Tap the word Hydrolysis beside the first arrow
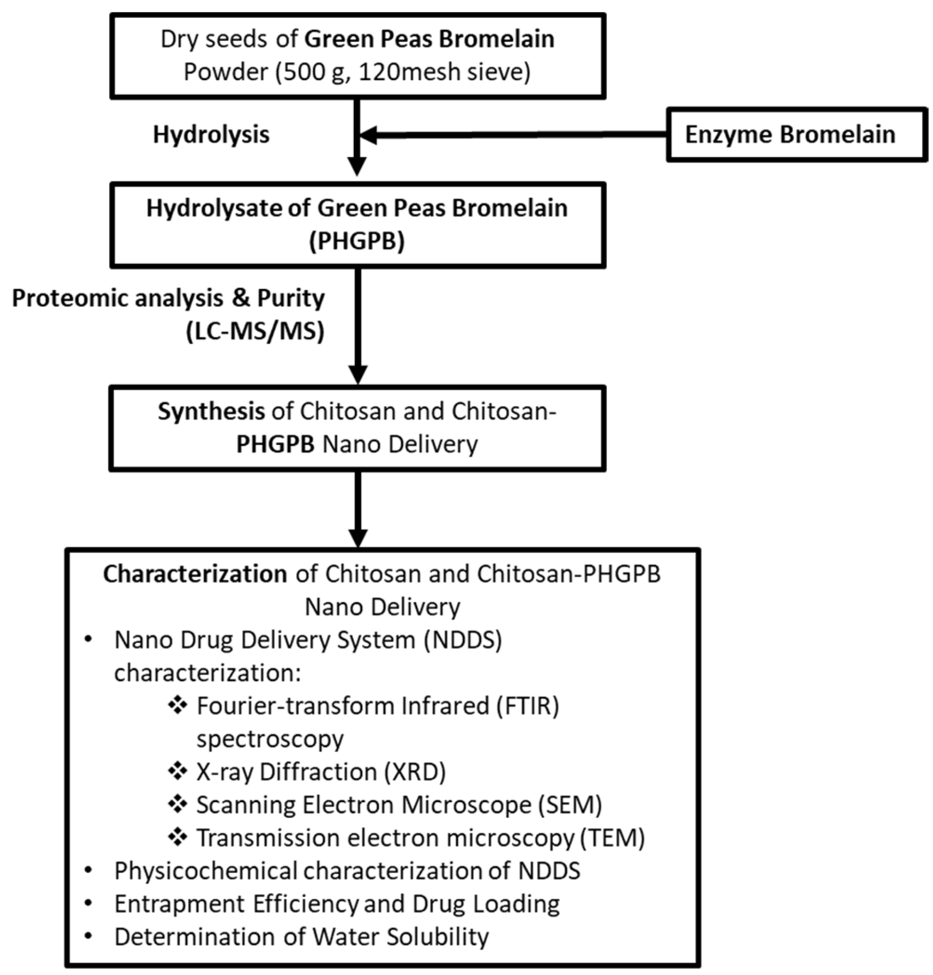212,135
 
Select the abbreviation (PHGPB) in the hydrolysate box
357,241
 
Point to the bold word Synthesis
211,411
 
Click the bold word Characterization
195,574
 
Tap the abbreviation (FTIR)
529,706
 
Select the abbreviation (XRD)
415,772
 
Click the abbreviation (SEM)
570,805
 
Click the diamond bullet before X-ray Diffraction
177,772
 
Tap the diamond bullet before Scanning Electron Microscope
177,805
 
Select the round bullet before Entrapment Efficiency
88,903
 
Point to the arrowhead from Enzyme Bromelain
367,135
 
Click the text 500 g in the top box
312,72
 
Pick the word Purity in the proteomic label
291,298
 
